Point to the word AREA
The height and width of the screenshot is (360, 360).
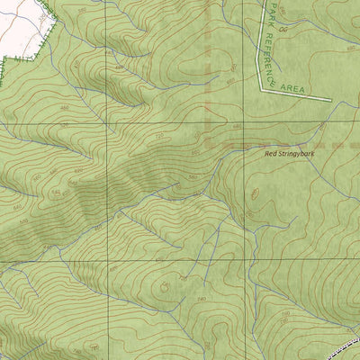pyautogui.click(x=292, y=88)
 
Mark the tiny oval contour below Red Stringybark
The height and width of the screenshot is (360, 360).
pyautogui.click(x=255, y=192)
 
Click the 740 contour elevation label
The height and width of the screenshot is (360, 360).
pyautogui.click(x=201, y=298)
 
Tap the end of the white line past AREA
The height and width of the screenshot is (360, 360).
pyautogui.click(x=331, y=97)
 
